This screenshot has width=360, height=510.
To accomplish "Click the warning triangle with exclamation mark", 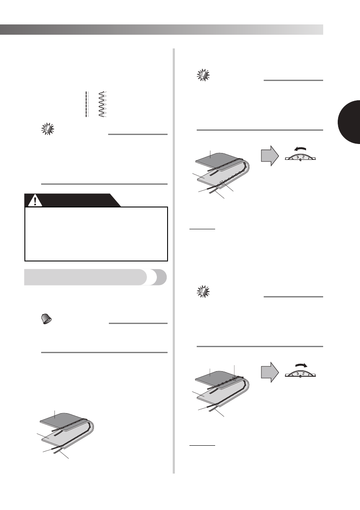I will pos(33,200).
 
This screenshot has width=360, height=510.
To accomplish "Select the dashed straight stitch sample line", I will pos(87,104).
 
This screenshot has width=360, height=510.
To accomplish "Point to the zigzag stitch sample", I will pos(102,104).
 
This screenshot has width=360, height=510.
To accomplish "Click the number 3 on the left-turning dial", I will pos(297,157).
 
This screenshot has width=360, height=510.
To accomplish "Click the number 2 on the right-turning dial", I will pos(303,372).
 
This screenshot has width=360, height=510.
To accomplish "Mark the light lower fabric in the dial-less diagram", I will pos(60,439).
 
